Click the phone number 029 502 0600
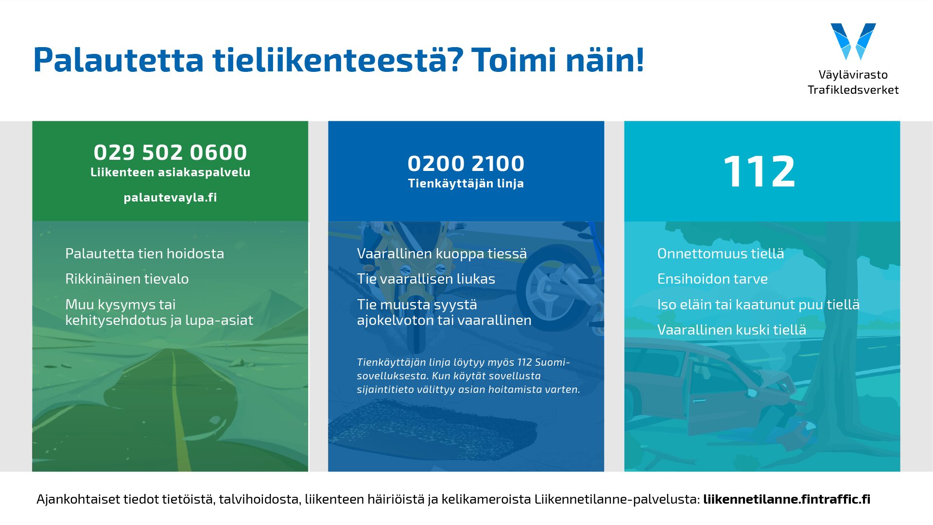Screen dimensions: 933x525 [x=170, y=152]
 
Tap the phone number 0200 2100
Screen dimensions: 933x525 [x=466, y=164]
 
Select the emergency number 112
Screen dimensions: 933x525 [x=760, y=171]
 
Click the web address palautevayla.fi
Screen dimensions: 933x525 [x=170, y=198]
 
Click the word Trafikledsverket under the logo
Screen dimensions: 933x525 [x=853, y=90]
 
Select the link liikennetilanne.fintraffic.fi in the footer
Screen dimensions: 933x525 [x=787, y=499]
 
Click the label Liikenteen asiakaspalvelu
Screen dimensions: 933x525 [x=170, y=172]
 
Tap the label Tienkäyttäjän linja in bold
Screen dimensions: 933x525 [x=466, y=184]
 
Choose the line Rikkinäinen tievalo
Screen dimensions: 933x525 [x=127, y=279]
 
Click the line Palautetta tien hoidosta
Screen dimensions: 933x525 [x=145, y=254]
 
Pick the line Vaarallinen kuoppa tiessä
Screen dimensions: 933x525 [x=442, y=254]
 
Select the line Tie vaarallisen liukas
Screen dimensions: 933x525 [x=426, y=279]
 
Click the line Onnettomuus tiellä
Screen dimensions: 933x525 [x=721, y=254]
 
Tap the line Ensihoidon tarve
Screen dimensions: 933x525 [x=712, y=279]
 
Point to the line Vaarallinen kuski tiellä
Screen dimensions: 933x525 [x=732, y=330]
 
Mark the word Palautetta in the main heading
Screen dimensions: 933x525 [x=119, y=60]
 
